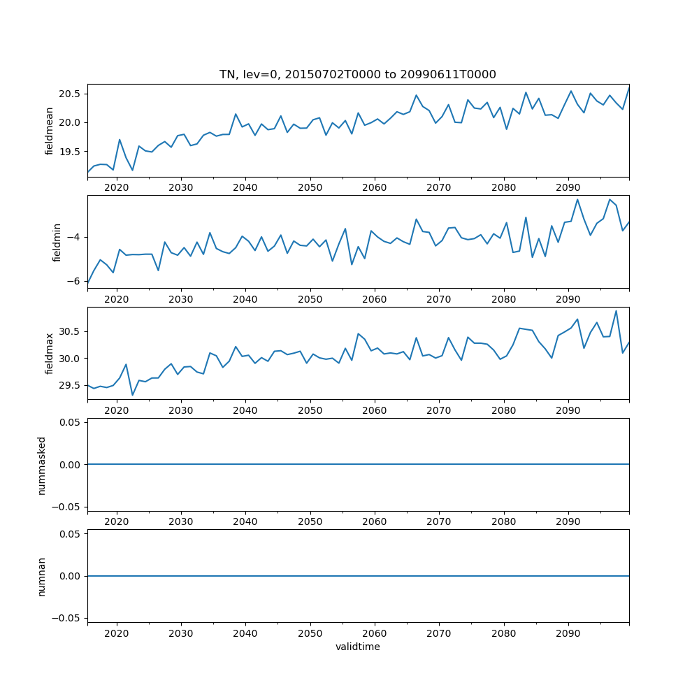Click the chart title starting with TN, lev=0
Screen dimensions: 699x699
click(x=357, y=74)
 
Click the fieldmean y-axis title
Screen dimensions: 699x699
click(x=49, y=131)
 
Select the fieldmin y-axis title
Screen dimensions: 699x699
click(x=57, y=243)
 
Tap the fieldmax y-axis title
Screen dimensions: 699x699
click(x=49, y=354)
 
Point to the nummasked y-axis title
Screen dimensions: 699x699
click(x=41, y=465)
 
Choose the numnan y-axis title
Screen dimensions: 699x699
click(x=41, y=576)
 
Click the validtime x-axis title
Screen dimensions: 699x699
click(x=357, y=647)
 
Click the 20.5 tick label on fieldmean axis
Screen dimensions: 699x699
click(x=71, y=94)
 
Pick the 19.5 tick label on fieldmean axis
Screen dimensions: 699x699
click(x=71, y=152)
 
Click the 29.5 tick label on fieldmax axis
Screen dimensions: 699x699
click(x=71, y=386)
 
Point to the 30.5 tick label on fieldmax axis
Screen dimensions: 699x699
click(x=71, y=331)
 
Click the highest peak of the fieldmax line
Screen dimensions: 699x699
click(x=616, y=311)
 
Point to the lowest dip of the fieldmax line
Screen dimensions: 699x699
click(x=132, y=395)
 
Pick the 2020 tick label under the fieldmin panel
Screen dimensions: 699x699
click(x=117, y=299)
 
